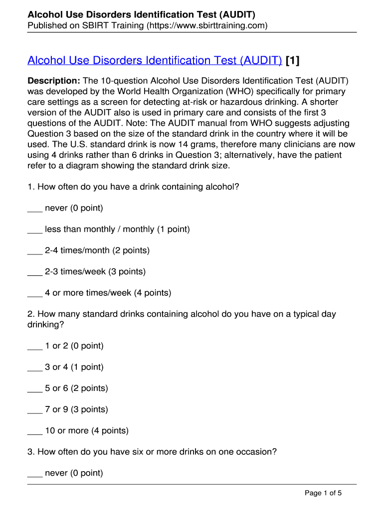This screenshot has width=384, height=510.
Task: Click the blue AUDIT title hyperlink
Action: tap(155, 61)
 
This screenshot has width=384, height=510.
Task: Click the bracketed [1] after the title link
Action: tap(293, 61)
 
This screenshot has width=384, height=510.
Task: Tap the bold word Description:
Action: tap(54, 81)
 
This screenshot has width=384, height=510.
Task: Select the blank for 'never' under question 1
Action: tap(35, 209)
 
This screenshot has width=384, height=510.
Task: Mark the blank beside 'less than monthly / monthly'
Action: tap(35, 230)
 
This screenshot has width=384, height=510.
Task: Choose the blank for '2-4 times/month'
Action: tap(35, 251)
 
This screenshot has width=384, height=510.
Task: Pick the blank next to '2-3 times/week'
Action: tap(35, 272)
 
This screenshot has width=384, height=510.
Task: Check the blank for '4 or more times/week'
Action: tap(35, 293)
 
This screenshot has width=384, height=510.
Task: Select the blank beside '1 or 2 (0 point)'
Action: tap(35, 346)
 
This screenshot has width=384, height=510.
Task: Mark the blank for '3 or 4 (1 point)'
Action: tap(35, 368)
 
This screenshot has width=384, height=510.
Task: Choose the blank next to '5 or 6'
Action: tap(35, 388)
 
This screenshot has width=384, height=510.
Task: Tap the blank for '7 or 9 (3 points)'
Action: tap(35, 410)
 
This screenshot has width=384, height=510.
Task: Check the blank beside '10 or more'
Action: tap(35, 431)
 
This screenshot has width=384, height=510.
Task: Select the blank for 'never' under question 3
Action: tap(35, 473)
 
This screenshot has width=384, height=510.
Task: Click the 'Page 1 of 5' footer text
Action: tap(323, 493)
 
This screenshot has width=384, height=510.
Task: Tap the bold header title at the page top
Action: tap(142, 14)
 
